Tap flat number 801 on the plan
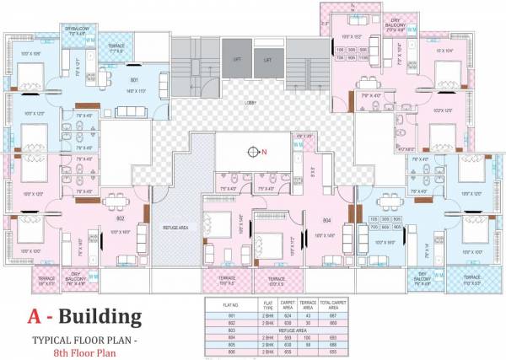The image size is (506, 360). tap(135, 81)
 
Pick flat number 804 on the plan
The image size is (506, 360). tap(326, 220)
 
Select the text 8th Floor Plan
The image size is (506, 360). tap(83, 352)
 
